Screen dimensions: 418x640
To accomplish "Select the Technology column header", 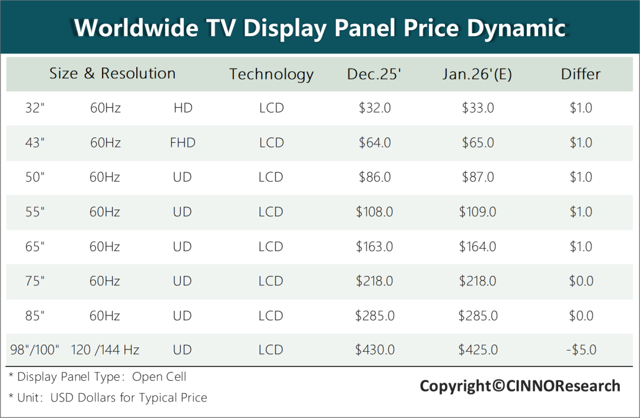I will click(x=271, y=74).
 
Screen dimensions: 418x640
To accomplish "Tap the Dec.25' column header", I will click(x=375, y=74).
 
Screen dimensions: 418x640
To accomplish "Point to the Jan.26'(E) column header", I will click(x=477, y=74).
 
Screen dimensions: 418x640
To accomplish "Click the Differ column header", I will click(x=581, y=74).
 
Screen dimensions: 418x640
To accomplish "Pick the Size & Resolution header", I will click(x=113, y=73).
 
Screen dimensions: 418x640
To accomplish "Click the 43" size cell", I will click(x=36, y=143).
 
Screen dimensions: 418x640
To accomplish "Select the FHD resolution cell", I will click(x=183, y=143).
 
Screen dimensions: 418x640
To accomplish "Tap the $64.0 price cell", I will click(x=375, y=143).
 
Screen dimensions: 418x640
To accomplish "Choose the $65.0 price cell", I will click(x=478, y=143).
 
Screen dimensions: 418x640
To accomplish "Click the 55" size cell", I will click(x=36, y=212).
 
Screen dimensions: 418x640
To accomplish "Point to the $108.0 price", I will click(x=375, y=212).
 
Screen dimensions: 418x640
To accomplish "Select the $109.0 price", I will click(x=478, y=212).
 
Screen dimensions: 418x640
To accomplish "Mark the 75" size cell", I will click(x=36, y=281).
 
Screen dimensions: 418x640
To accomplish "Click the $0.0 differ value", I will click(x=581, y=281).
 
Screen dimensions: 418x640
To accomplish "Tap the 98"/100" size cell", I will click(x=36, y=350).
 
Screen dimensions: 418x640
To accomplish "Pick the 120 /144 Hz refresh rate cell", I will click(x=105, y=350).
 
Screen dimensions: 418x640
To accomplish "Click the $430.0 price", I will click(x=375, y=350).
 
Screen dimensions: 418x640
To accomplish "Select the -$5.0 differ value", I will click(x=581, y=350).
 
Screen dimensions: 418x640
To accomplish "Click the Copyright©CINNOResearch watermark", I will click(x=520, y=387).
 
